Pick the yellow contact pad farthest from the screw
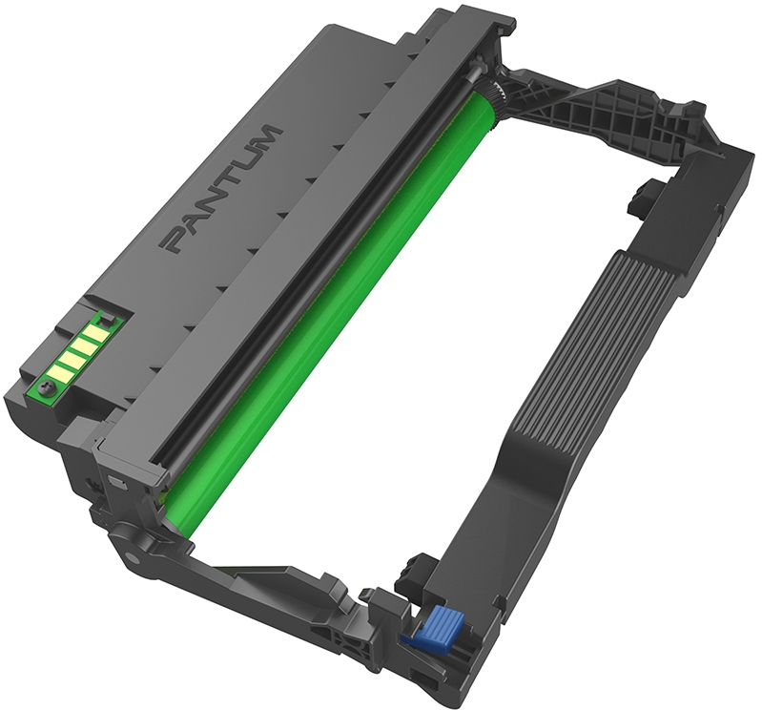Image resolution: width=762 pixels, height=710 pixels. [93, 332]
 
